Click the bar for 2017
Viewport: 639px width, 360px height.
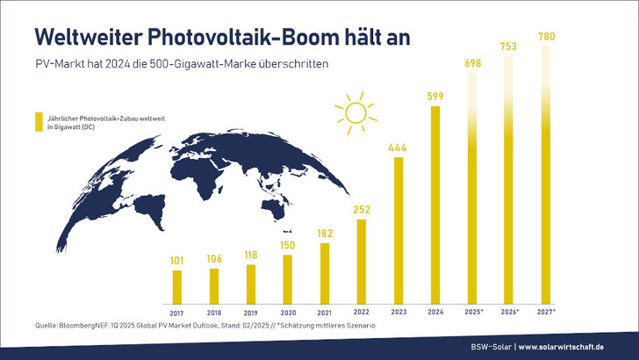pos(177,283)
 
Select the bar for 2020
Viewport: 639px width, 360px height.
pos(287,277)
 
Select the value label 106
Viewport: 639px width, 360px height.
pos(214,259)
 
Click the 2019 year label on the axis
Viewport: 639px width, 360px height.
pos(251,312)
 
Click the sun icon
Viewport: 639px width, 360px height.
pos(355,112)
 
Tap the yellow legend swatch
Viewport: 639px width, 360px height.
pos(37,122)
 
